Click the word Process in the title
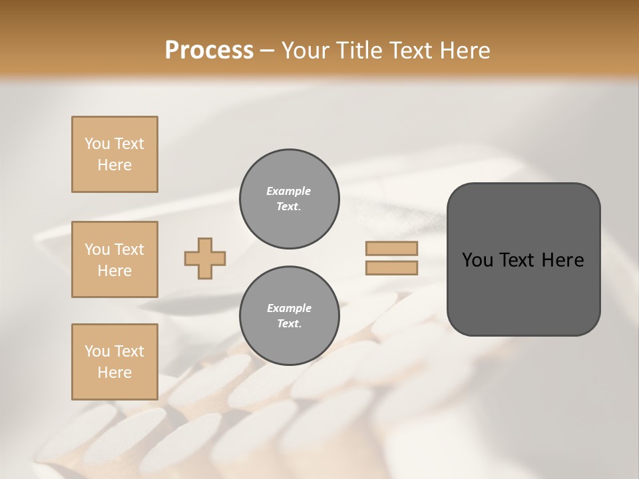209,50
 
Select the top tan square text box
114,154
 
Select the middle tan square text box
114,259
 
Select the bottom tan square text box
114,362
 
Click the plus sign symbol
205,258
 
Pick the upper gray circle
289,199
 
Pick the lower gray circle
289,316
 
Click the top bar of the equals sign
391,248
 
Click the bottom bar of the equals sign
391,267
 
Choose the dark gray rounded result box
523,293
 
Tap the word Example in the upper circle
289,191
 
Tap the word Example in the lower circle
289,308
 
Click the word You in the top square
97,144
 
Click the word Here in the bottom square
114,373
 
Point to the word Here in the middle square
114,271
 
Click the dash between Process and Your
267,51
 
